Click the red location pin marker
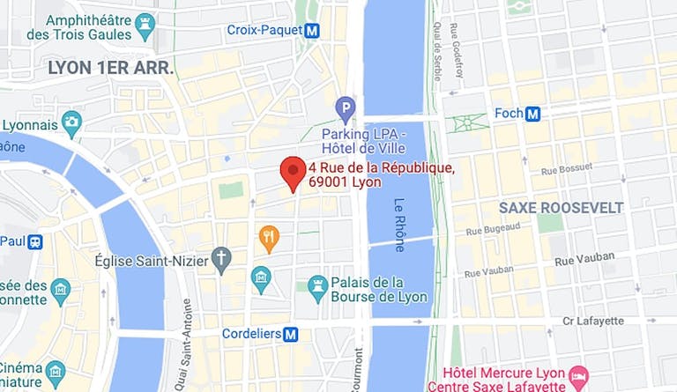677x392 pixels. pos(293,173)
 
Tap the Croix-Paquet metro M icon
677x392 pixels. pos(311,31)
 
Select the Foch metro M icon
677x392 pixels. pos(532,113)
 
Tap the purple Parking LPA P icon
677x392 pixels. pos(346,109)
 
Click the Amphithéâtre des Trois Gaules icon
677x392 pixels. pos(145,24)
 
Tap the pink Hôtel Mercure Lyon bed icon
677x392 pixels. pos(578,376)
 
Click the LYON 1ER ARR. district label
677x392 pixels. pos(111,68)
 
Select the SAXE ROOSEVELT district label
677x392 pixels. pos(561,208)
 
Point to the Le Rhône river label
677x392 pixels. pos(399,225)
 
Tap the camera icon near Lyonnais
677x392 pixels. pos(71,121)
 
